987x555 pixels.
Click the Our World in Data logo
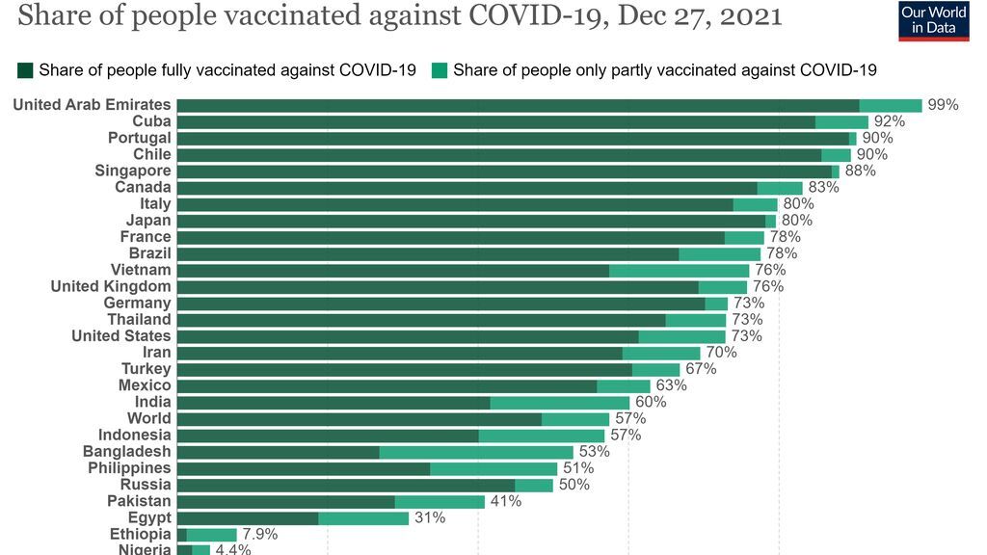[x=933, y=20]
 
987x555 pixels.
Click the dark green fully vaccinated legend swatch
[x=25, y=70]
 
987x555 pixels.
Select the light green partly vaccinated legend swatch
[x=440, y=70]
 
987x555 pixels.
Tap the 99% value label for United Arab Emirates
[x=943, y=105]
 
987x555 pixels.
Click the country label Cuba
[x=151, y=121]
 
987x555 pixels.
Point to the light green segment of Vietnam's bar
[x=679, y=271]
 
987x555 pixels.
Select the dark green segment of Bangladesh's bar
[x=278, y=452]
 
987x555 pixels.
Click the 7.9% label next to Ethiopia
[x=260, y=534]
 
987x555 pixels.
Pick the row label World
[x=148, y=418]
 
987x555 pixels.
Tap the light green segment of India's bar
[x=559, y=402]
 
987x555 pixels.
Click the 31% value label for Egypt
[x=430, y=517]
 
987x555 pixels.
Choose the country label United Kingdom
[x=111, y=286]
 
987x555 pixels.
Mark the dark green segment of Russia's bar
[x=345, y=485]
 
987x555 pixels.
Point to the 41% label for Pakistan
[x=506, y=501]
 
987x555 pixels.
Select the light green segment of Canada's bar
[x=780, y=188]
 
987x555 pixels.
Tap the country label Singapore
[x=132, y=171]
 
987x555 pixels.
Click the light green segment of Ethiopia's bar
[x=211, y=535]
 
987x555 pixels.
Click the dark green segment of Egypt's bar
[x=248, y=517]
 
